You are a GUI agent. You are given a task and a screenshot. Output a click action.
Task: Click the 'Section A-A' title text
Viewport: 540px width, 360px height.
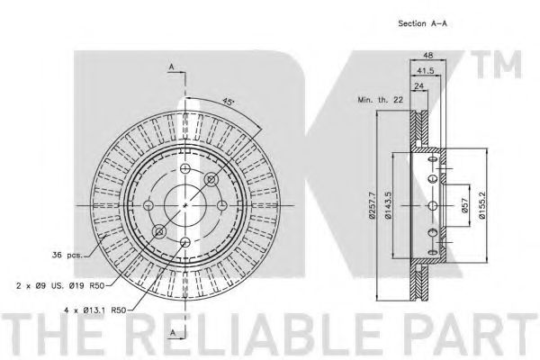pyautogui.click(x=422, y=23)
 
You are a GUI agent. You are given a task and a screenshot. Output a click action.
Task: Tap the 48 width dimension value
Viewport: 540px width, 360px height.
pyautogui.click(x=427, y=55)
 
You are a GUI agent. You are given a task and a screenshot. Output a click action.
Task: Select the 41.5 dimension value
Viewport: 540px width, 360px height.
pyautogui.click(x=426, y=70)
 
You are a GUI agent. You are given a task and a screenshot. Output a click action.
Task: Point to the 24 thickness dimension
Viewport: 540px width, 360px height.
pyautogui.click(x=418, y=85)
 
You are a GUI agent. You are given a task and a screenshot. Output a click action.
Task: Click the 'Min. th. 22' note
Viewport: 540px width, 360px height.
pyautogui.click(x=380, y=100)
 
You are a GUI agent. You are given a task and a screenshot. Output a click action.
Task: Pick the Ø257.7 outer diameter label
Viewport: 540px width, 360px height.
pyautogui.click(x=371, y=205)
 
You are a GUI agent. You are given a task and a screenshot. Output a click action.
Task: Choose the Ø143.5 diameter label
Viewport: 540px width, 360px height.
pyautogui.click(x=388, y=205)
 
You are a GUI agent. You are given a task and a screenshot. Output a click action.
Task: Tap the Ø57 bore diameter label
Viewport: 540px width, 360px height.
pyautogui.click(x=464, y=206)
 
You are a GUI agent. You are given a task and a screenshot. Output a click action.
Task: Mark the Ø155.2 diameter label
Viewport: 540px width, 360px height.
pyautogui.click(x=481, y=205)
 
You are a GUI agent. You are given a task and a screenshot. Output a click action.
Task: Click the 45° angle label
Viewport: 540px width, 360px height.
pyautogui.click(x=228, y=102)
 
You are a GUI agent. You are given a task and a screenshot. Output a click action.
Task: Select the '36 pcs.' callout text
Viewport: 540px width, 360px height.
pyautogui.click(x=67, y=255)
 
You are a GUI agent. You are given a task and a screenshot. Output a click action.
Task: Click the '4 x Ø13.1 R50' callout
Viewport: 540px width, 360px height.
pyautogui.click(x=95, y=310)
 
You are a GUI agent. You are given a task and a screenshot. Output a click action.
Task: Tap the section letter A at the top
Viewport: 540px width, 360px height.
pyautogui.click(x=171, y=67)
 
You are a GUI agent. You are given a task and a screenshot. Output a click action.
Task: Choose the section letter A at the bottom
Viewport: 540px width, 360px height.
pyautogui.click(x=173, y=332)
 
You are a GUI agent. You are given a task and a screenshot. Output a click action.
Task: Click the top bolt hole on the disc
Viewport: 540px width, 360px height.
pyautogui.click(x=185, y=169)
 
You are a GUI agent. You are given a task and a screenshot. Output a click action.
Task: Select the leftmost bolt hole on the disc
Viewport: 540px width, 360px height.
pyautogui.click(x=148, y=206)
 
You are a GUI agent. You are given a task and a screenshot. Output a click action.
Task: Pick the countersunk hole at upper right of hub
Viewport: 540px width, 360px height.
pyautogui.click(x=211, y=179)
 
